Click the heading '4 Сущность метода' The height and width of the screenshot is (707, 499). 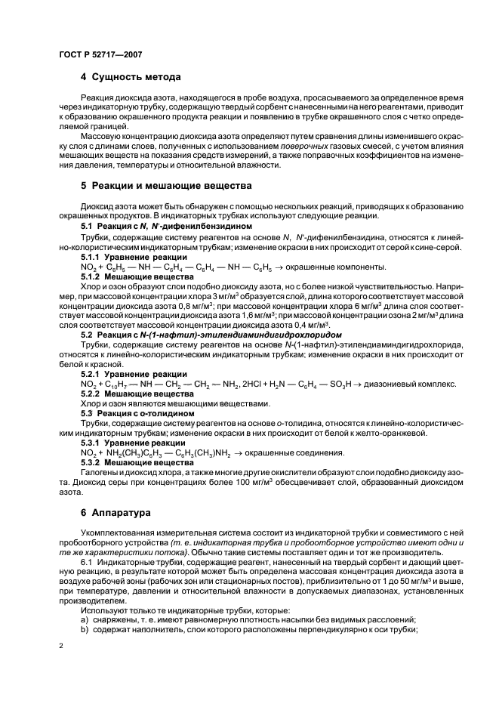tap(130, 77)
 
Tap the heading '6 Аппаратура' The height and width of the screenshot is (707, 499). tap(115, 512)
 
